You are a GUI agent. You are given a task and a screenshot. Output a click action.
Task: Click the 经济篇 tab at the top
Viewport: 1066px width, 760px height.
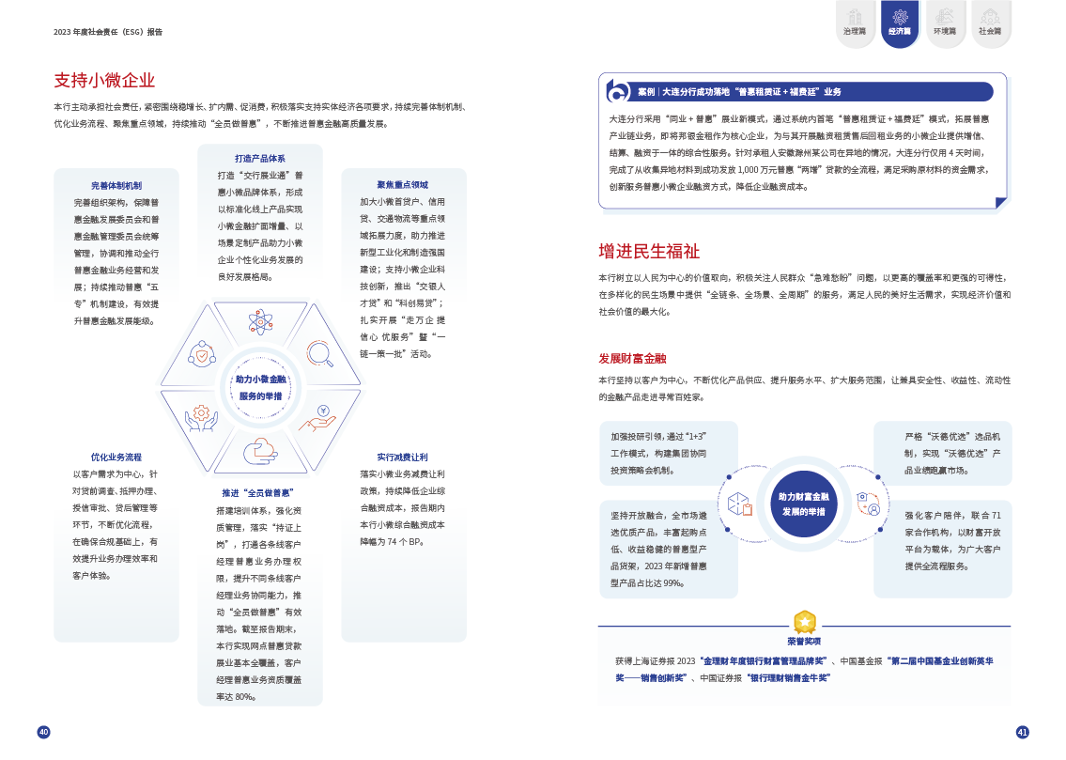(x=899, y=23)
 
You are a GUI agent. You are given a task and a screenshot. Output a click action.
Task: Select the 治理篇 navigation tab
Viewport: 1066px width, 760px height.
(x=854, y=23)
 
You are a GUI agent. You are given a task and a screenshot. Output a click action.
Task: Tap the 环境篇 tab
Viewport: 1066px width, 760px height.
(x=944, y=23)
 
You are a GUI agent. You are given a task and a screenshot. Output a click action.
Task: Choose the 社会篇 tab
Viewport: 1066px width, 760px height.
(x=989, y=23)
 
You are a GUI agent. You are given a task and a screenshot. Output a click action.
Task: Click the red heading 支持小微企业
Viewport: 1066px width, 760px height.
(x=104, y=81)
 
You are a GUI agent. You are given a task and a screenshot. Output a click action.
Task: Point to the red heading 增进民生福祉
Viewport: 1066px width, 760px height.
(x=649, y=252)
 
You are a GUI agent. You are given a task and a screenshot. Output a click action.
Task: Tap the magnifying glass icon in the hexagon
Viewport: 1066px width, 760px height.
(x=319, y=352)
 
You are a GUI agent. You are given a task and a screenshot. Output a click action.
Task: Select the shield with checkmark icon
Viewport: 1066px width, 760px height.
(x=201, y=353)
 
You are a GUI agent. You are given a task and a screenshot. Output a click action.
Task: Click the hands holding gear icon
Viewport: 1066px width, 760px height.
(x=201, y=417)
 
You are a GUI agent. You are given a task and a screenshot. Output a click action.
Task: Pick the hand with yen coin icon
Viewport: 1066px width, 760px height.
(x=319, y=417)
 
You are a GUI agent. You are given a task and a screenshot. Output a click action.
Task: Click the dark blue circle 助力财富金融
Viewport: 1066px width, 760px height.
(x=803, y=504)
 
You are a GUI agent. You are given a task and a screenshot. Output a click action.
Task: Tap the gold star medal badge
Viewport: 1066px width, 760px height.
(x=804, y=622)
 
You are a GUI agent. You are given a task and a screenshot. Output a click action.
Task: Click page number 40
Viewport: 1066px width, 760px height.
(x=43, y=732)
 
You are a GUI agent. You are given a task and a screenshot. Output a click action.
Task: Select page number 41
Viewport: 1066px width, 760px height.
(x=1023, y=732)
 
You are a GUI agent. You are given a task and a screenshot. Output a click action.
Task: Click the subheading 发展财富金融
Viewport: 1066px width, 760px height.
(x=632, y=359)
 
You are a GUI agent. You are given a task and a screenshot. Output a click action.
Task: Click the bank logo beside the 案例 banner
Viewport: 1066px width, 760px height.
(x=618, y=91)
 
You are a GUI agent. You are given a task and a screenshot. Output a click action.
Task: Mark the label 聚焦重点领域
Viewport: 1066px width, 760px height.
(x=403, y=185)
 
